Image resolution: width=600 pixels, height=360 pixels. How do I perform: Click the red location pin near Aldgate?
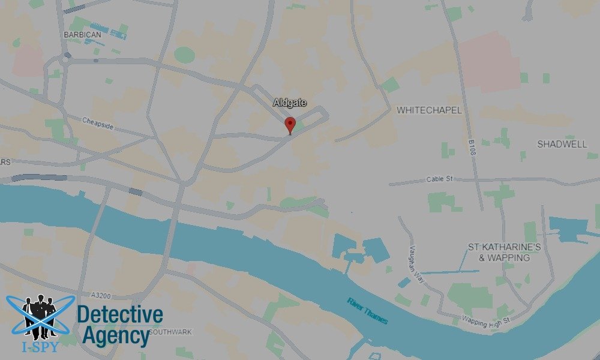tap(290, 124)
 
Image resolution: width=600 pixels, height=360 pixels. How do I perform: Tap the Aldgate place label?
tap(290, 103)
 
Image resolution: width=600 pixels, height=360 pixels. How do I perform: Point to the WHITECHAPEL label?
tap(429, 110)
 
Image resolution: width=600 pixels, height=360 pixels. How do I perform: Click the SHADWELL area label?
tap(562, 144)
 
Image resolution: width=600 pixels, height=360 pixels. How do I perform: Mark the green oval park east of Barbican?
tap(185, 55)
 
